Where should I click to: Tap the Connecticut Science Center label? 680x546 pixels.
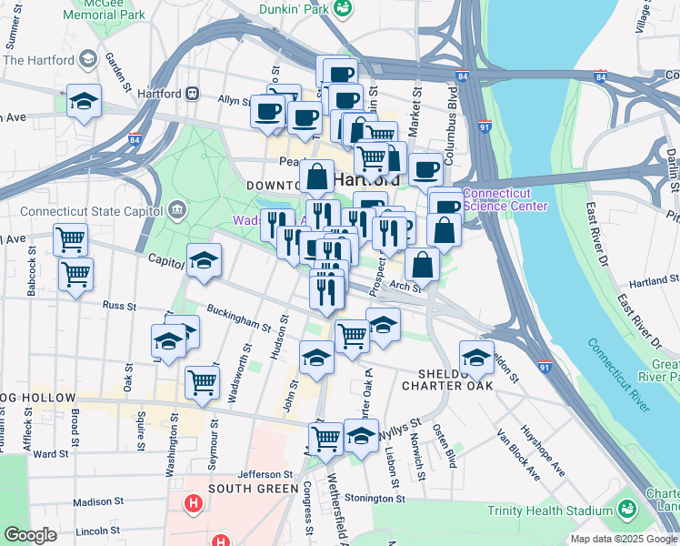(505, 199)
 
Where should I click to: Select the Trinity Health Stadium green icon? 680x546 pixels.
(625, 508)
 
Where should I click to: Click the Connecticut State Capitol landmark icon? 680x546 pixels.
(176, 211)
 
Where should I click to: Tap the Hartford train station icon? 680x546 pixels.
(193, 93)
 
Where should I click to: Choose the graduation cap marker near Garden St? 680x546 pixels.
(84, 101)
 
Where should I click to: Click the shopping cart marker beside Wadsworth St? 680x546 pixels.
(202, 381)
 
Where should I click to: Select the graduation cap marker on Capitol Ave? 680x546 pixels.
(204, 259)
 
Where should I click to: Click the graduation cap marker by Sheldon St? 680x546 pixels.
(476, 356)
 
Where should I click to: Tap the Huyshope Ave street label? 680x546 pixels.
(542, 451)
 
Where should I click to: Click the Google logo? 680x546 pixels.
(31, 535)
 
